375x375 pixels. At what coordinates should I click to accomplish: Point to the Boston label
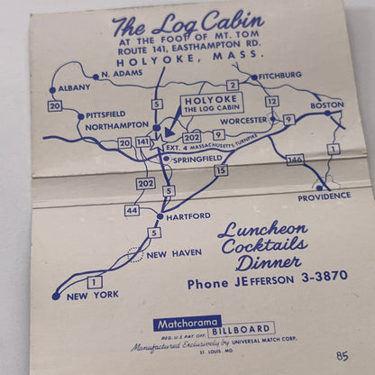tap(327, 105)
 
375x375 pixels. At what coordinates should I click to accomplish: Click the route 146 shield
tap(295, 160)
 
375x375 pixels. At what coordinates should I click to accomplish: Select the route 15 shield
tap(222, 169)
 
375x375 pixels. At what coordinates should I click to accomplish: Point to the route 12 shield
tap(272, 101)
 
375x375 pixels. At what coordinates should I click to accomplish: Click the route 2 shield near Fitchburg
tap(233, 86)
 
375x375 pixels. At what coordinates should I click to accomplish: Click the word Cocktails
tap(262, 246)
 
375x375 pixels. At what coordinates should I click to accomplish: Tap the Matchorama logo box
tap(187, 323)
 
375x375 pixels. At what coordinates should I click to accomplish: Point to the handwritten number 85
tap(341, 357)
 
